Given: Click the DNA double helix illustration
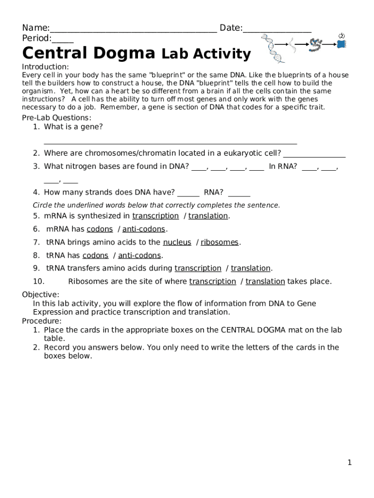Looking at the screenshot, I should coord(273,49).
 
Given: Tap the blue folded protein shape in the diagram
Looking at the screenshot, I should coord(342,44).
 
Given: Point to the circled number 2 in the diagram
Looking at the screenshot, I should coord(341,36).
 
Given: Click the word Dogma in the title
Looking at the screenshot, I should coord(124,53).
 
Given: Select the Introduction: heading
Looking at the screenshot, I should coord(46,67).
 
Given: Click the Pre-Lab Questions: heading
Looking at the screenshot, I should coord(56,118).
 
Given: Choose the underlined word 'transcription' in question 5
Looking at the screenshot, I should coord(155,216).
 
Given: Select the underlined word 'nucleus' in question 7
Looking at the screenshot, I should coord(177,242).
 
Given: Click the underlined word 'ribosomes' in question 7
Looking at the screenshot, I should coord(220,242).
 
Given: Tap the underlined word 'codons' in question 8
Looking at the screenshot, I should coord(95,255).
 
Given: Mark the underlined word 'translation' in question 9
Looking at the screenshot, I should coord(251,268).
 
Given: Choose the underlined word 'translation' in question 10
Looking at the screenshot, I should coord(265,282).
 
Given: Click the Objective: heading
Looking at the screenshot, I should coord(41,295).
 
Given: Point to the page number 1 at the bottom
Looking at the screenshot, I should coord(349,463).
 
